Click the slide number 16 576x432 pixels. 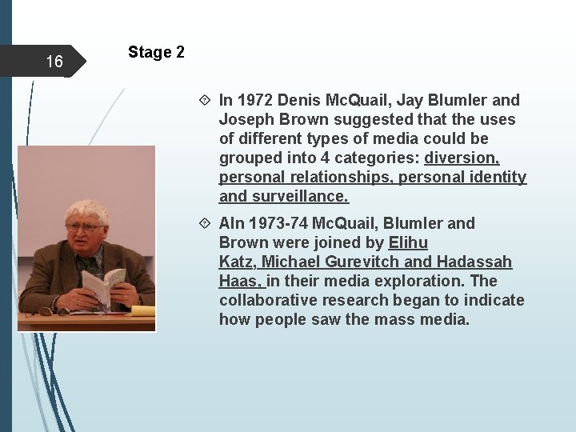[54, 62]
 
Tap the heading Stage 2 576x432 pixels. [156, 53]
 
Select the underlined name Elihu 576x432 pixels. [407, 243]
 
